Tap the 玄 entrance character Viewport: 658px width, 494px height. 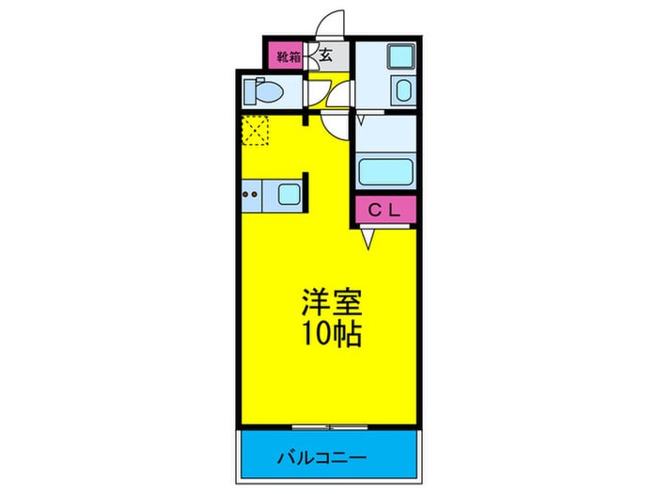coord(325,56)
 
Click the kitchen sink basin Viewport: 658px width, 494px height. coord(288,196)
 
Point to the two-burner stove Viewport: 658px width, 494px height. coord(251,196)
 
